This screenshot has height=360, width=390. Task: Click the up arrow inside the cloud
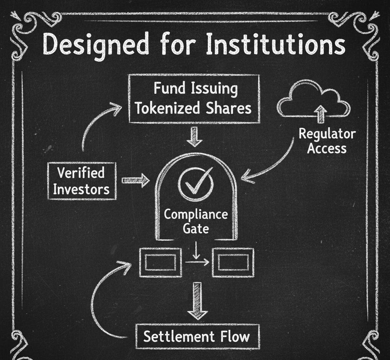[x=320, y=112]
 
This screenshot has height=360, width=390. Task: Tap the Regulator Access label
[x=327, y=141]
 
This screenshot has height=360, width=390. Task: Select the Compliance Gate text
[x=195, y=222]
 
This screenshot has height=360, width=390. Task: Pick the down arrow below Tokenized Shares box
[x=195, y=136]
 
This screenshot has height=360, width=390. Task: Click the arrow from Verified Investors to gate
[x=135, y=180]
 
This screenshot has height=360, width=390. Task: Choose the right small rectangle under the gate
[x=233, y=262]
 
